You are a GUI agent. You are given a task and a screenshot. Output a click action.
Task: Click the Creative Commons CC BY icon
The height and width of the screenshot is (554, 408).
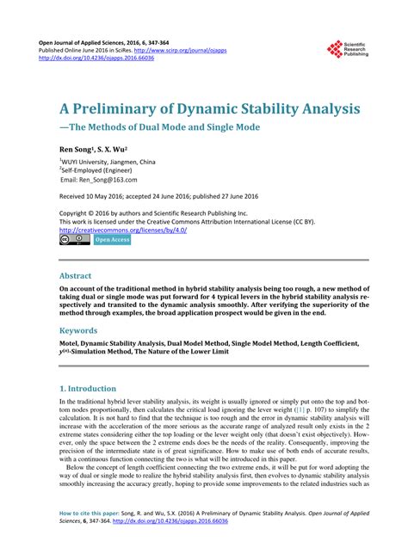pyautogui.click(x=74, y=240)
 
